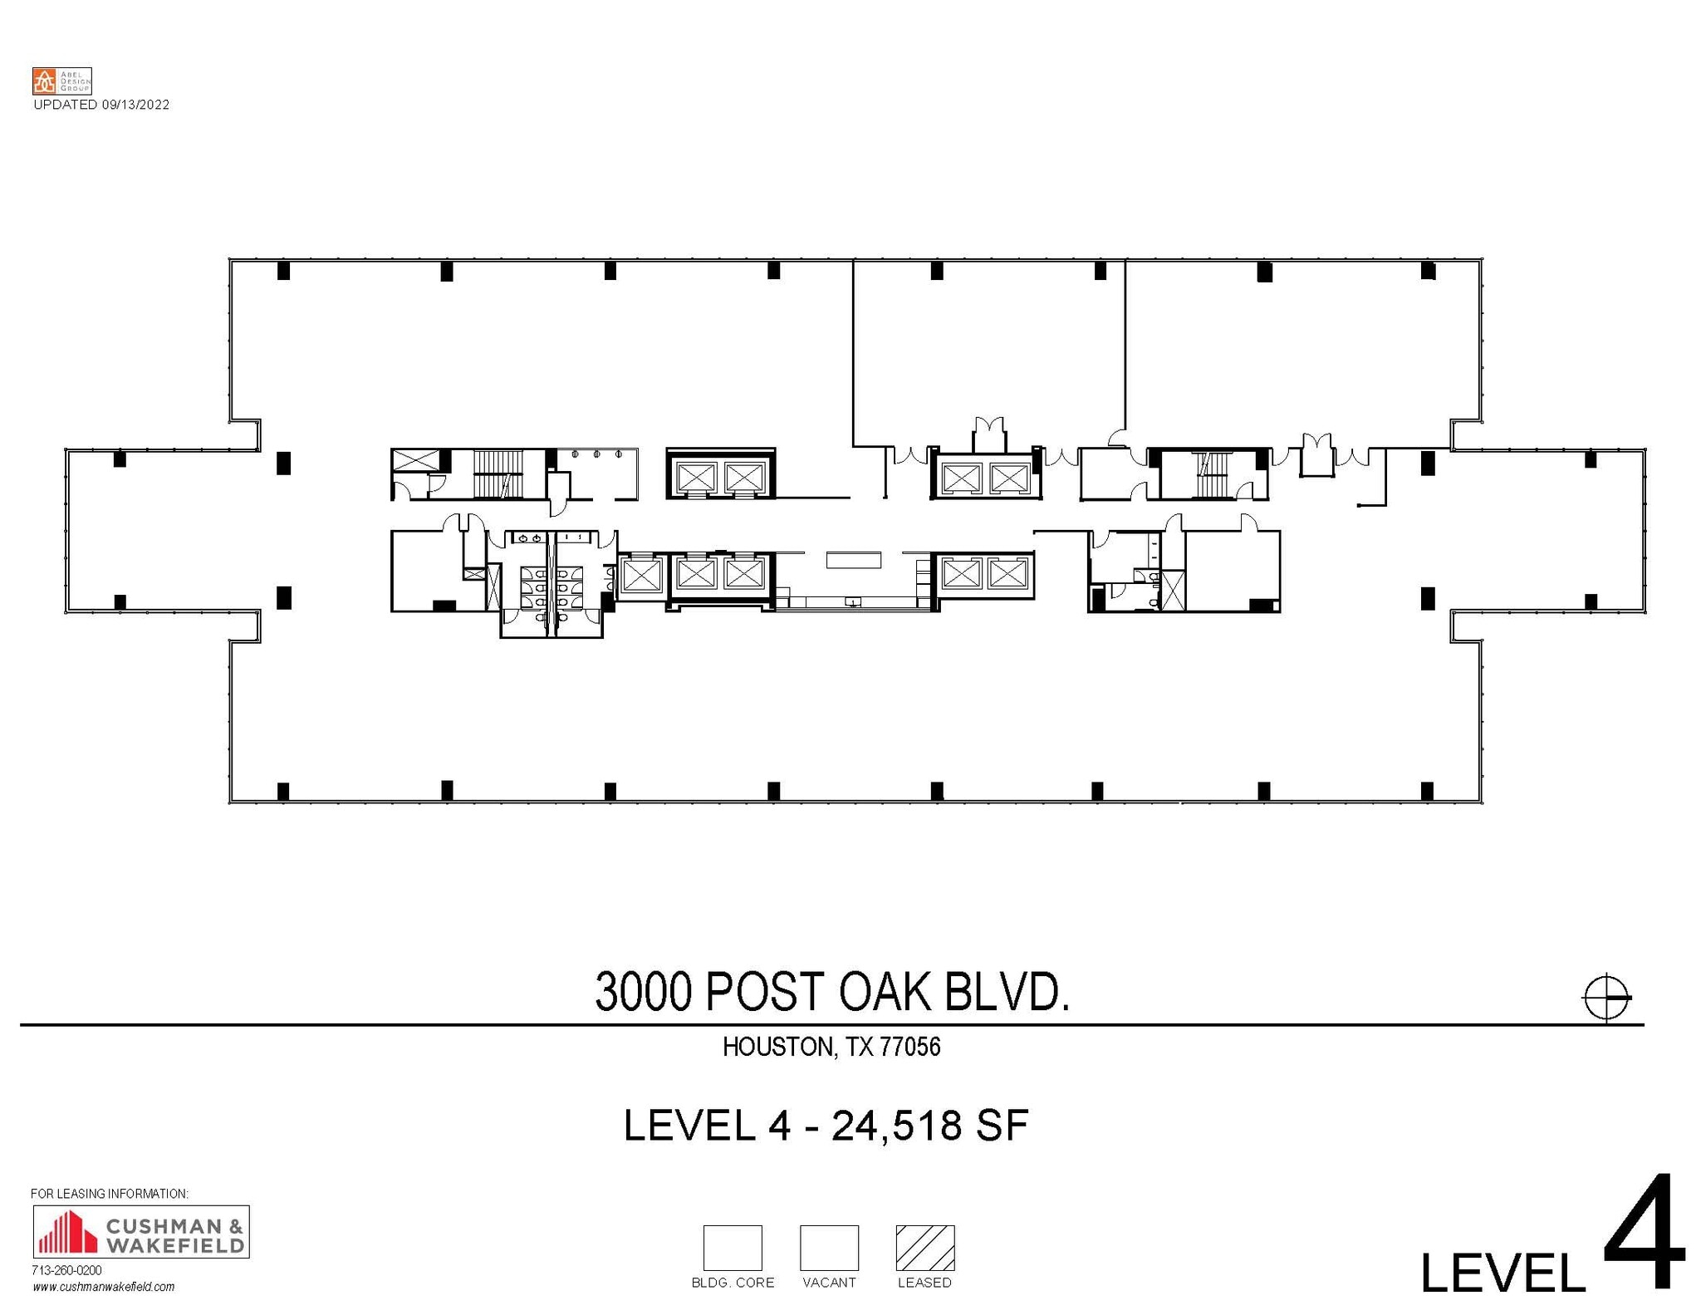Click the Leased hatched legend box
[924, 1247]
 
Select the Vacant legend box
[828, 1247]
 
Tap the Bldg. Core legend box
[732, 1247]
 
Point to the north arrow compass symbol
[1606, 996]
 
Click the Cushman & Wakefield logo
[140, 1231]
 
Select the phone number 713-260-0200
[66, 1270]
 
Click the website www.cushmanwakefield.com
[104, 1287]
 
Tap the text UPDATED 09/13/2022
[101, 105]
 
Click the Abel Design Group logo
[61, 81]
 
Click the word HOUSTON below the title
[777, 1047]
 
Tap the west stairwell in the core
[498, 473]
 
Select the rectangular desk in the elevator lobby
[853, 560]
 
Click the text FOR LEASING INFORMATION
[110, 1194]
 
